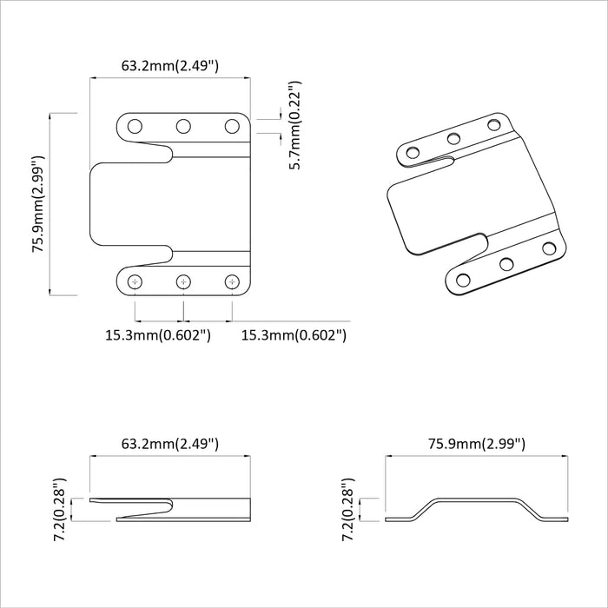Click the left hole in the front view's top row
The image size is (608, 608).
click(x=135, y=127)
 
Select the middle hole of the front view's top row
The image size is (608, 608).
click(x=183, y=127)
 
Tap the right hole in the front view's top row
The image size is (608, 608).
click(x=232, y=127)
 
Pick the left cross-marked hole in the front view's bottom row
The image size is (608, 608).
click(x=135, y=281)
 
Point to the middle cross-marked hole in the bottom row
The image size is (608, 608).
click(x=183, y=281)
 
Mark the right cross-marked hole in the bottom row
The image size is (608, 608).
click(x=232, y=281)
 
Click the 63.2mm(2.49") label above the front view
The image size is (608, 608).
click(x=169, y=65)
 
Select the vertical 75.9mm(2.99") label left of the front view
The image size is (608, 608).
click(x=38, y=204)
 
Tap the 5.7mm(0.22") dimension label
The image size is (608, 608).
click(x=295, y=125)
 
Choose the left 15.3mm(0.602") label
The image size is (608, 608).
click(x=158, y=334)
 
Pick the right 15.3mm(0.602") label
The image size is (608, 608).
click(x=294, y=334)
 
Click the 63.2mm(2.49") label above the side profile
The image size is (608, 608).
click(x=169, y=444)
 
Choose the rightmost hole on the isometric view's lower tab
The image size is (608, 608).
click(x=548, y=248)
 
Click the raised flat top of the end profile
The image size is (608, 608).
click(x=479, y=499)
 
